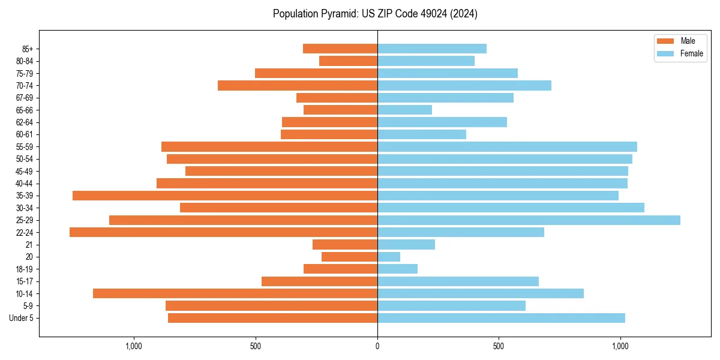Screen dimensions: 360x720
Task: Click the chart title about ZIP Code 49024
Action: (375, 14)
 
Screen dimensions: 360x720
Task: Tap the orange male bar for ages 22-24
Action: (223, 232)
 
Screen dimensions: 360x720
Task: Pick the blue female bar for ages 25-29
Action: (529, 220)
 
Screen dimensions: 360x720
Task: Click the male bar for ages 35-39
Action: (225, 196)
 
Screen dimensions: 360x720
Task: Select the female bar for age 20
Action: (389, 257)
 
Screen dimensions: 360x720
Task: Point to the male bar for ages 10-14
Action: (235, 293)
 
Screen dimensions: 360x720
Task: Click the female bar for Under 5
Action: (501, 318)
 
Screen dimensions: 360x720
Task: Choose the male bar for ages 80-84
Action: (348, 61)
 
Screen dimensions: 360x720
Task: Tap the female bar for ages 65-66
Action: (404, 110)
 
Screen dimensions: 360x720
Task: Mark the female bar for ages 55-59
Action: (507, 146)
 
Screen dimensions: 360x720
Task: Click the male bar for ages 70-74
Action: (298, 85)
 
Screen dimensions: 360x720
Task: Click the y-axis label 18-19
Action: (25, 269)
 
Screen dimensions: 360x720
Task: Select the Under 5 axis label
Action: (22, 318)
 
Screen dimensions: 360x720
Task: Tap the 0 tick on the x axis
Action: (377, 346)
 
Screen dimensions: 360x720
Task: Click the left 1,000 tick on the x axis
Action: (134, 346)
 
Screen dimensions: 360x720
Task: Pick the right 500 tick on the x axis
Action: (499, 346)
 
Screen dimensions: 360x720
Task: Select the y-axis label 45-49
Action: (25, 171)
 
